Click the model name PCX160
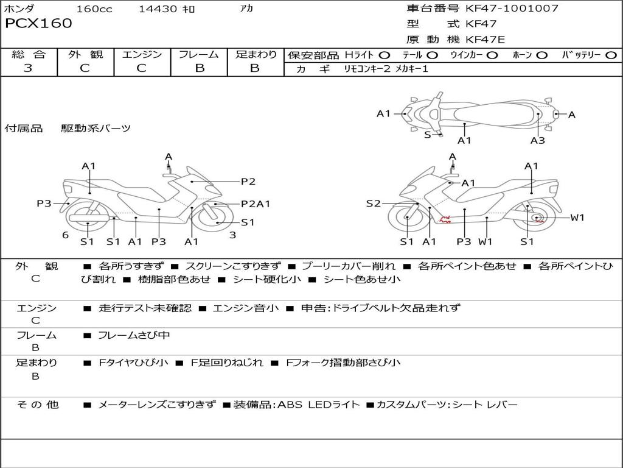pyautogui.click(x=38, y=24)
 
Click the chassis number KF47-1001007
pyautogui.click(x=512, y=9)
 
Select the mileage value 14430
pyautogui.click(x=158, y=9)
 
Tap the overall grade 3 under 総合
pyautogui.click(x=28, y=68)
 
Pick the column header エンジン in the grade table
pyautogui.click(x=142, y=55)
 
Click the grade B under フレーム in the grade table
pyautogui.click(x=200, y=68)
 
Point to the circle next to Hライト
pyautogui.click(x=385, y=55)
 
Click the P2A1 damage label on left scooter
pyautogui.click(x=256, y=204)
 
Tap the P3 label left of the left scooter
pyautogui.click(x=44, y=204)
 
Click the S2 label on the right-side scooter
pyautogui.click(x=373, y=204)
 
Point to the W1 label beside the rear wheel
pyautogui.click(x=577, y=218)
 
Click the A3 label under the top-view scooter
pyautogui.click(x=537, y=141)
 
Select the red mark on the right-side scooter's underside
pyautogui.click(x=445, y=219)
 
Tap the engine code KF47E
pyautogui.click(x=485, y=40)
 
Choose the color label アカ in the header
pyautogui.click(x=246, y=9)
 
